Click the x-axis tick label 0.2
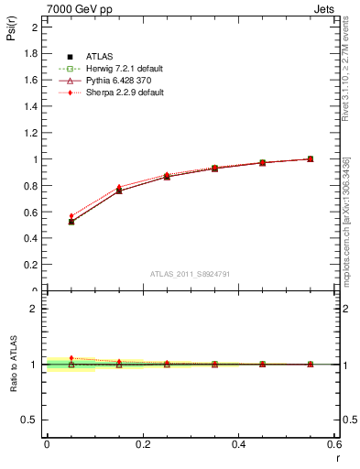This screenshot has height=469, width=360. (x=142, y=443)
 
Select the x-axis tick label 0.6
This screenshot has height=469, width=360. (x=333, y=443)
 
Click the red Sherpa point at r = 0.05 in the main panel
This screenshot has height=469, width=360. (x=71, y=216)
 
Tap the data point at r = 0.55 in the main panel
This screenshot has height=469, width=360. (x=311, y=158)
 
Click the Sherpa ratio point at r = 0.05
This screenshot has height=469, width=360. (x=71, y=358)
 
